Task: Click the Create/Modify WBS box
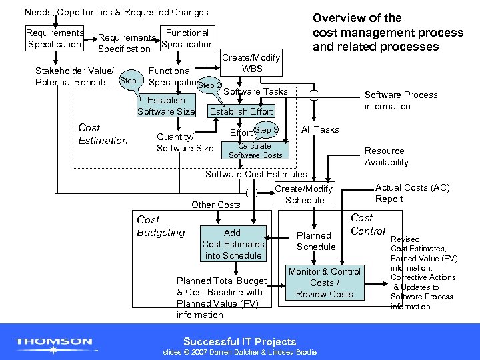pyautogui.click(x=252, y=63)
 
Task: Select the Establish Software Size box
pyautogui.click(x=166, y=106)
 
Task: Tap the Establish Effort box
pyautogui.click(x=241, y=111)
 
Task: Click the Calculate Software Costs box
pyautogui.click(x=255, y=151)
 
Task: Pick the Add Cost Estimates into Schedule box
pyautogui.click(x=233, y=244)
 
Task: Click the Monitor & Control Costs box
pyautogui.click(x=324, y=283)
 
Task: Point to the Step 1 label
pyautogui.click(x=131, y=81)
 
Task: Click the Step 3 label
pyautogui.click(x=266, y=129)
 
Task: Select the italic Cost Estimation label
pyautogui.click(x=103, y=134)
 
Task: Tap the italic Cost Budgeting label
pyautogui.click(x=161, y=226)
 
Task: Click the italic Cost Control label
pyautogui.click(x=368, y=225)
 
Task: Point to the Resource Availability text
pyautogui.click(x=386, y=157)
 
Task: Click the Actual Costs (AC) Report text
pyautogui.click(x=412, y=193)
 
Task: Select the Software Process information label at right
pyautogui.click(x=401, y=101)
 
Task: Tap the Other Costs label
pyautogui.click(x=215, y=205)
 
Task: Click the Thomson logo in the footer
pyautogui.click(x=54, y=343)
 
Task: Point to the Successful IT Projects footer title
pyautogui.click(x=239, y=341)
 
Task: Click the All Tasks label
pyautogui.click(x=320, y=129)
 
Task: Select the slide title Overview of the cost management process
pyautogui.click(x=388, y=32)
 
